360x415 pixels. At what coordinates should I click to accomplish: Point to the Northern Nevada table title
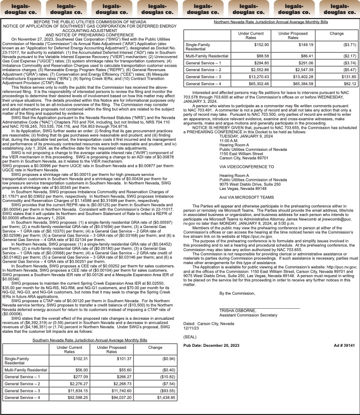point(270,23)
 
